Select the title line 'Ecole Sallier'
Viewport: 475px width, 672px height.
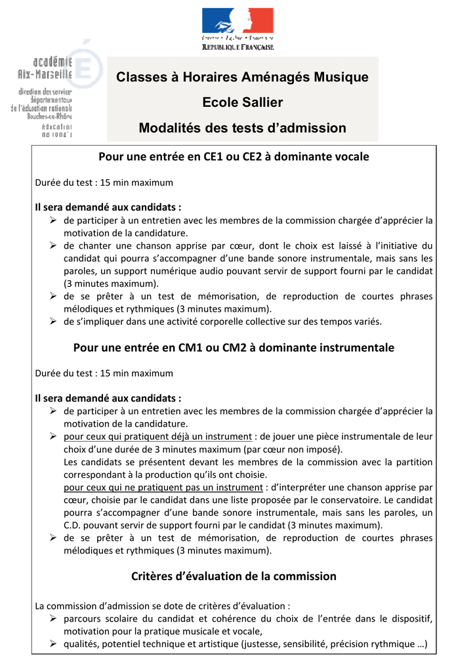pyautogui.click(x=243, y=102)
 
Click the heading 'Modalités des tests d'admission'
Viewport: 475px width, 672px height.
pyautogui.click(x=243, y=128)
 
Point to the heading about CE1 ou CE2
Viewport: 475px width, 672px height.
pyautogui.click(x=234, y=157)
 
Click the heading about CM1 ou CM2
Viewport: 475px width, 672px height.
pyautogui.click(x=234, y=348)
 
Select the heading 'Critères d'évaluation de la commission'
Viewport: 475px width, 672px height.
pyautogui.click(x=234, y=576)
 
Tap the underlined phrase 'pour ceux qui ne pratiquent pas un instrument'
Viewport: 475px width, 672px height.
pyautogui.click(x=163, y=488)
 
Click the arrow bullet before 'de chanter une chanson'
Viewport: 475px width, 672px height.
pyautogui.click(x=54, y=245)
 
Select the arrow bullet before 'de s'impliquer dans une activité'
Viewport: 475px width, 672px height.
pyautogui.click(x=54, y=322)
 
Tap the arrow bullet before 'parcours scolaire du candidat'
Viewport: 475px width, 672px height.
pyautogui.click(x=54, y=619)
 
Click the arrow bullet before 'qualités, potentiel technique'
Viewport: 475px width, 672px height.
pyautogui.click(x=54, y=644)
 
